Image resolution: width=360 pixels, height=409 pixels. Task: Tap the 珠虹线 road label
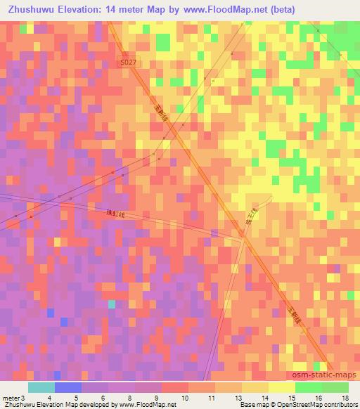point(115,213)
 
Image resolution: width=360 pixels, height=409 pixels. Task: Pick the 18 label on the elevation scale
point(346,398)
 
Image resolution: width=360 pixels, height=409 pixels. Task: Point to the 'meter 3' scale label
point(13,398)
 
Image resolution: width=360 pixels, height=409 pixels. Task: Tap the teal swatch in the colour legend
point(41,387)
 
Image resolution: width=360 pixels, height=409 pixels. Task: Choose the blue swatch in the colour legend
point(68,387)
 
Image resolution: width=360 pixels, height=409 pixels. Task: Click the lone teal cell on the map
point(111,304)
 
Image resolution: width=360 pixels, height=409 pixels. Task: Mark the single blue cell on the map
point(64,321)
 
